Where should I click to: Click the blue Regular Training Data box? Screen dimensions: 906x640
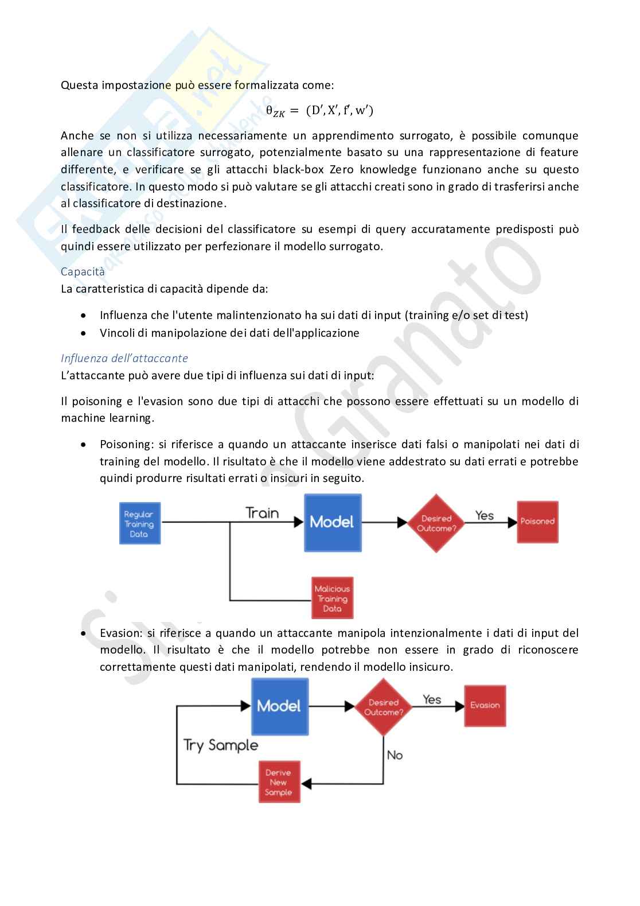click(139, 523)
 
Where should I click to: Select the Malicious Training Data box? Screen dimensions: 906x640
click(332, 598)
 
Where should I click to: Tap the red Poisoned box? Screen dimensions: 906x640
click(537, 522)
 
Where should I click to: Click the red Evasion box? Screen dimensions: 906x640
click(485, 705)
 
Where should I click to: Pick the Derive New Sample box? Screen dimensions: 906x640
click(279, 782)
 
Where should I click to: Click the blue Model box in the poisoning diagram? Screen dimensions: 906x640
click(333, 522)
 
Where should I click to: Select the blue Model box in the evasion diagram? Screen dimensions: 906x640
click(279, 706)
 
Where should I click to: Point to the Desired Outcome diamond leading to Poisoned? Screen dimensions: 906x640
click(436, 523)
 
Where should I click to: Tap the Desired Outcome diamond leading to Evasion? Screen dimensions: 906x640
click(384, 707)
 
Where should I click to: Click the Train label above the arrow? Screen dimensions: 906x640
click(262, 513)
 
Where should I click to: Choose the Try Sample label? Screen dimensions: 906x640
click(221, 745)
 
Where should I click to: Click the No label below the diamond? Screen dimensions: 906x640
click(395, 755)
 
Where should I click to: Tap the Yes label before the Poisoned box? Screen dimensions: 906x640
click(485, 515)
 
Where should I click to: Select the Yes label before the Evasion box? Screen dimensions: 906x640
click(432, 699)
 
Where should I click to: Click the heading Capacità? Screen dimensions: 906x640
click(83, 272)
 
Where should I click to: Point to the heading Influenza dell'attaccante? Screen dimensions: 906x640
click(124, 358)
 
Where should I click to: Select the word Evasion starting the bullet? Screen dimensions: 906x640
click(120, 633)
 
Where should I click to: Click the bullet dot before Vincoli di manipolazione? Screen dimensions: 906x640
click(84, 333)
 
